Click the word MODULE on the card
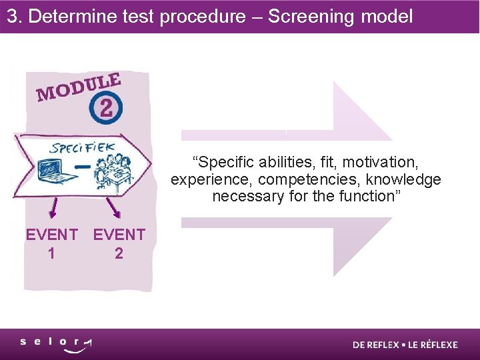79,88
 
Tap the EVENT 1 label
51,243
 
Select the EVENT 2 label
119,243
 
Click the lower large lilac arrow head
360,247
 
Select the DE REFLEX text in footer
376,345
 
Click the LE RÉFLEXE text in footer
432,345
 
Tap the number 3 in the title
13,16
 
